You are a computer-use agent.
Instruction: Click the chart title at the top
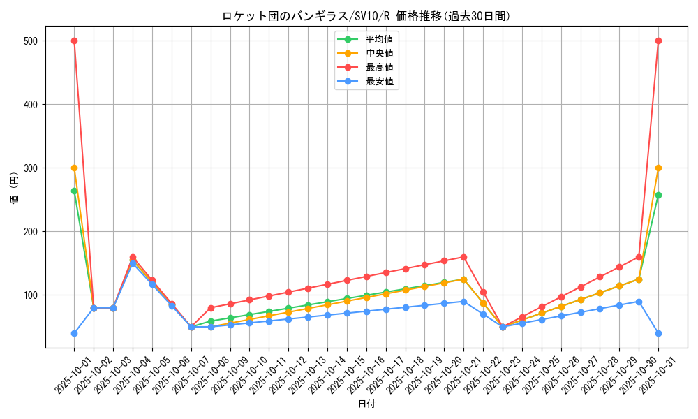pyautogui.click(x=366, y=16)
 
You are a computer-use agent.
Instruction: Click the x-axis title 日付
pyautogui.click(x=366, y=404)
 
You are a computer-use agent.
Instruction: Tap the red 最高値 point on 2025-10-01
pyautogui.click(x=74, y=41)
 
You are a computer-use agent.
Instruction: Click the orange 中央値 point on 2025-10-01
pyautogui.click(x=74, y=168)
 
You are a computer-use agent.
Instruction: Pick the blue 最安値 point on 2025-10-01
pyautogui.click(x=74, y=333)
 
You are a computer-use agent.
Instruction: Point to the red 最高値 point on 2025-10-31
pyautogui.click(x=658, y=41)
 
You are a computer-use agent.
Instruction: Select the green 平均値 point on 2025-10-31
pyautogui.click(x=658, y=195)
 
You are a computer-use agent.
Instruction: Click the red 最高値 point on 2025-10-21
pyautogui.click(x=463, y=257)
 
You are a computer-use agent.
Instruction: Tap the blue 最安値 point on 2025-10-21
pyautogui.click(x=463, y=302)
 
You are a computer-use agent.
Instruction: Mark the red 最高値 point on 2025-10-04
pyautogui.click(x=133, y=257)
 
